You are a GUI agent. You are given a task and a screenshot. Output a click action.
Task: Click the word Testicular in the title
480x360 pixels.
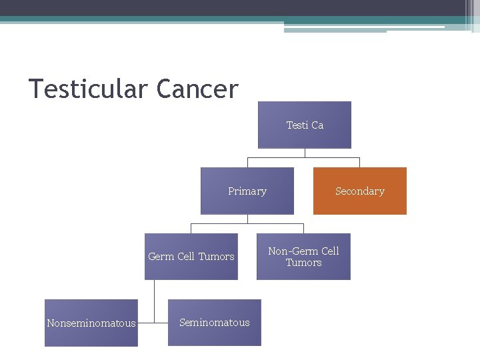tap(89, 89)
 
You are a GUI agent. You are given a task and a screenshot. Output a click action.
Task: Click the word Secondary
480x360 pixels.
tap(360, 191)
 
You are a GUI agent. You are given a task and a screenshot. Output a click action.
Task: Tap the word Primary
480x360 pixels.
tap(247, 191)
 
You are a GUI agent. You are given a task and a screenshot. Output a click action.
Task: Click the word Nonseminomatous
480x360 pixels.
tap(91, 323)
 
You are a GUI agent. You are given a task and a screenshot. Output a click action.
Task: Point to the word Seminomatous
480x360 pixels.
tap(215, 323)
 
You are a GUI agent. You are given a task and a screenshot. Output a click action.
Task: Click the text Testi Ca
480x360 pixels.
tap(305, 125)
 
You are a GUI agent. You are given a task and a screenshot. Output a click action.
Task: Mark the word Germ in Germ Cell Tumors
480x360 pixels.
tap(161, 257)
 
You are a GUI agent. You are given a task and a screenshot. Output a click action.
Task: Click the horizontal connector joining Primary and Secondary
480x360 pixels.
tap(303, 158)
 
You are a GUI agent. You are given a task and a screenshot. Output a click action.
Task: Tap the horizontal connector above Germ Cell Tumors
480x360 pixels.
tap(247, 224)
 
